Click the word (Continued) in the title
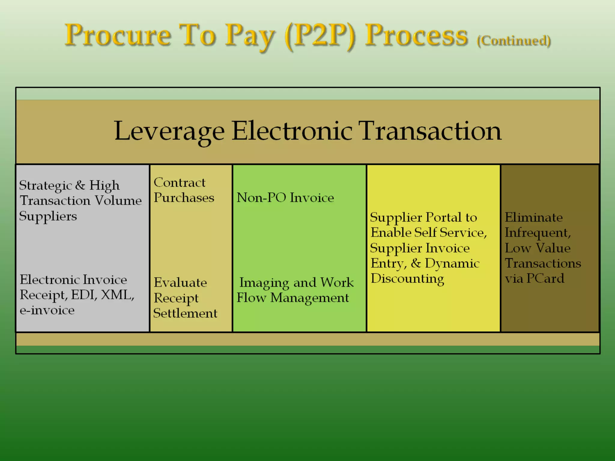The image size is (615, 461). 514,41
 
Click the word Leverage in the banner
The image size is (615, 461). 169,131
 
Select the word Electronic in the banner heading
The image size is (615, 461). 292,131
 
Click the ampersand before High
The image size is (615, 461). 80,185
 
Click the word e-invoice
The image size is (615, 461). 47,310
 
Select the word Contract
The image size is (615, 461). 180,182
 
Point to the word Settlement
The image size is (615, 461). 185,313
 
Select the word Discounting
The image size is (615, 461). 407,279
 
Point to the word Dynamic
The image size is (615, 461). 452,264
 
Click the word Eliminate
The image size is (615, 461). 534,217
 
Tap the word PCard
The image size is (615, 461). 545,279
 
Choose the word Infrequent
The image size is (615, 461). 538,233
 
